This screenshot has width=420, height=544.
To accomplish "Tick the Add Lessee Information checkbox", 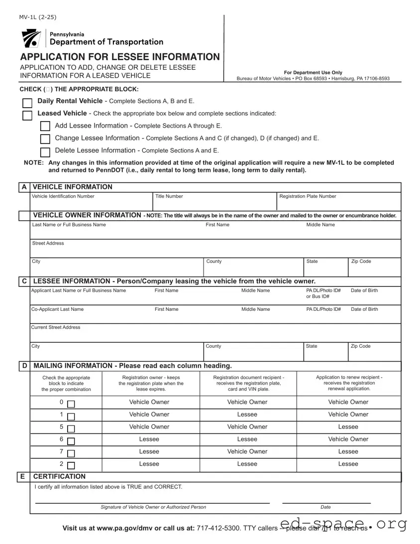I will [x=45, y=127].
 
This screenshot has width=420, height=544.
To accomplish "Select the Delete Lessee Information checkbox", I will [x=45, y=152].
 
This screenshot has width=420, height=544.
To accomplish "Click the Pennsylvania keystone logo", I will [x=31, y=38].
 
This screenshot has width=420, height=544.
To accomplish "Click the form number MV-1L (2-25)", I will [x=38, y=17].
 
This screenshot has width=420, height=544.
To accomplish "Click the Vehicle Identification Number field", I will [x=91, y=203].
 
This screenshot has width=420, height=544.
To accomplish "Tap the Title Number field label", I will [x=169, y=196].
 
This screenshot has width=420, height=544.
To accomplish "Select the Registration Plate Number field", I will [x=338, y=203].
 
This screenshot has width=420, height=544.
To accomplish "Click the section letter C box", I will [x=24, y=281].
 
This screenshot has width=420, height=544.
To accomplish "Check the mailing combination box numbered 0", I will [x=71, y=404].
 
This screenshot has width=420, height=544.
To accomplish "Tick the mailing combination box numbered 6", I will [x=71, y=441].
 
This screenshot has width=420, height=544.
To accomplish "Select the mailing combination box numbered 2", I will [x=71, y=466].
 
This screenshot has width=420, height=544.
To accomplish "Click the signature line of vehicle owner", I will [x=153, y=502].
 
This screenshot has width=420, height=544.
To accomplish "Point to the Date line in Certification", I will [x=326, y=502].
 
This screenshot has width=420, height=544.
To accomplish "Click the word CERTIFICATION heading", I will [x=59, y=476].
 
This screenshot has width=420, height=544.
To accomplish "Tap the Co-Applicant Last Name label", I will [x=58, y=309].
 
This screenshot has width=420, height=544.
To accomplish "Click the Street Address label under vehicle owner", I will [x=48, y=243].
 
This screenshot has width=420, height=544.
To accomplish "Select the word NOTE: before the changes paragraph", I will [x=34, y=163].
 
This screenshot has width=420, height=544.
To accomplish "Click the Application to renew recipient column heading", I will [x=349, y=383].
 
